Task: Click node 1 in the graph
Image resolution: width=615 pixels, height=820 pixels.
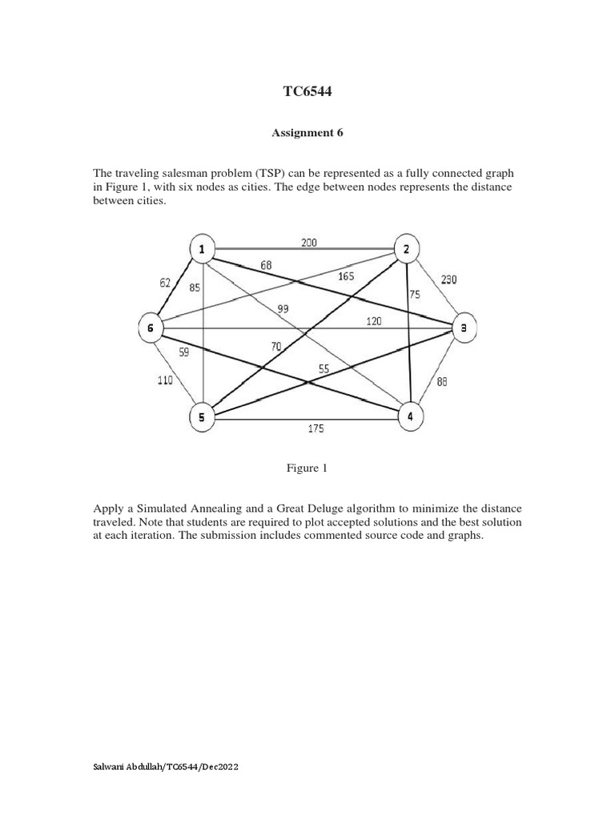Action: [202, 250]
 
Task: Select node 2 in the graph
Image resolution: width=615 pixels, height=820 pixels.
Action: [406, 250]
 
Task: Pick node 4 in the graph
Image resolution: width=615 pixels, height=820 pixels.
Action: [410, 416]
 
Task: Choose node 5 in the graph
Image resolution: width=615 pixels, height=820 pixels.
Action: [202, 416]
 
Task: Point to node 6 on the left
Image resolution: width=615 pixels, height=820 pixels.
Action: [150, 328]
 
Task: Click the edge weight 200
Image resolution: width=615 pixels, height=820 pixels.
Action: [309, 241]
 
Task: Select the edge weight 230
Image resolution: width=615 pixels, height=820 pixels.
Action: [448, 279]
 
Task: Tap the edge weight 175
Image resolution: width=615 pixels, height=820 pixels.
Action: [316, 429]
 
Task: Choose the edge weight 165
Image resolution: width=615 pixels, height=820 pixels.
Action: [346, 276]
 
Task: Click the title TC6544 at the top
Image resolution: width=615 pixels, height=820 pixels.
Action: [307, 93]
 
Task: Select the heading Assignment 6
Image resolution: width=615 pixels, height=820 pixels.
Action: [307, 134]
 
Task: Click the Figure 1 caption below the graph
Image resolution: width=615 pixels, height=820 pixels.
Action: [307, 468]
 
